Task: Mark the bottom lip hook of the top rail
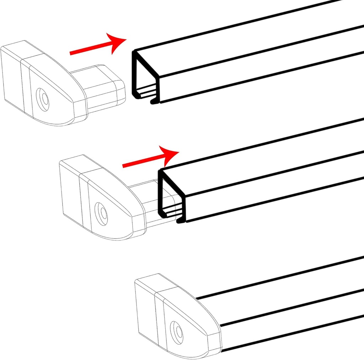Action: (x=154, y=102)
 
